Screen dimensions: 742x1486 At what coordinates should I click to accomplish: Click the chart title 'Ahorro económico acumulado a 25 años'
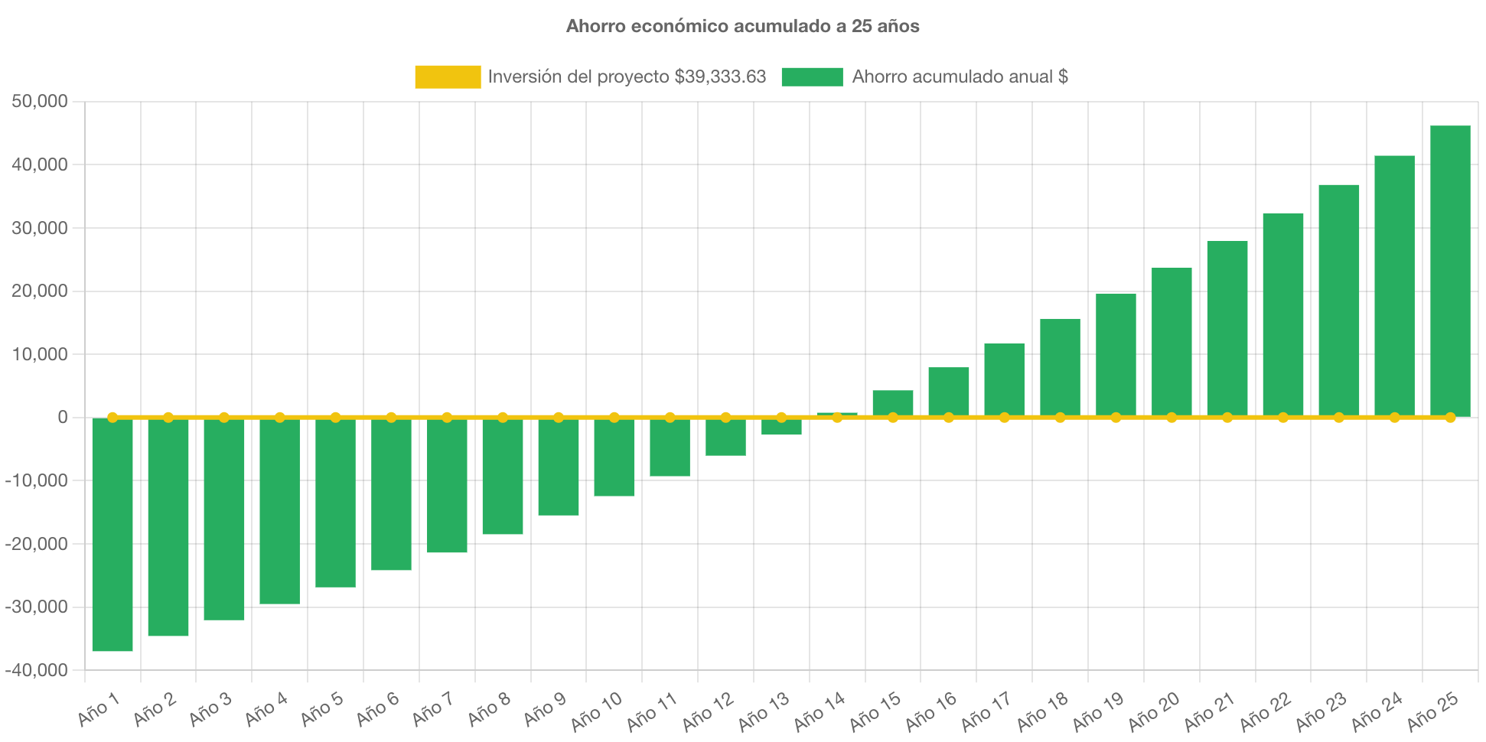coord(742,26)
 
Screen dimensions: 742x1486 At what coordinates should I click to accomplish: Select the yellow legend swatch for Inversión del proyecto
coord(448,76)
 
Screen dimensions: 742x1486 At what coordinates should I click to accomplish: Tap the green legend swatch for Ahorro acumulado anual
coord(812,76)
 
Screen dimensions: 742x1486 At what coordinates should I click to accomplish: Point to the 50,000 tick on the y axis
coord(40,102)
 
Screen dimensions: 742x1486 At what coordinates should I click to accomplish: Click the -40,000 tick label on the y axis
coord(36,670)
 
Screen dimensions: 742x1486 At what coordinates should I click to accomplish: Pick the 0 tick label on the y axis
coord(62,418)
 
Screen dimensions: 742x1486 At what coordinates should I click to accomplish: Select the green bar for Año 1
coord(112,535)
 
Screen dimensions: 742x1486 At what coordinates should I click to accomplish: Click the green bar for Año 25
coord(1450,268)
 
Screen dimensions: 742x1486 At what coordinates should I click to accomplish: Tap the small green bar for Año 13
coord(781,428)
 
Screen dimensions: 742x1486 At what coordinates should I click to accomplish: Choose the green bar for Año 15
coord(893,402)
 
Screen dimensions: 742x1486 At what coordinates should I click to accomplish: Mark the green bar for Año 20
coord(1172,340)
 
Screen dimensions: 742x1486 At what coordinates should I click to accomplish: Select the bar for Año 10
coord(614,459)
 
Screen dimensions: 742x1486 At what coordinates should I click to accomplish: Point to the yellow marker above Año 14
coord(837,418)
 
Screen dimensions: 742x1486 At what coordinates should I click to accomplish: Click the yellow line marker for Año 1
coord(112,418)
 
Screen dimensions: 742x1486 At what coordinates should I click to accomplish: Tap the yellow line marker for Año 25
coord(1450,418)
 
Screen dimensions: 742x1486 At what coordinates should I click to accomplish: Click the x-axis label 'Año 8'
coord(489,709)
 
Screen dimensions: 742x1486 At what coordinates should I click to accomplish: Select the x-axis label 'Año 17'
coord(986,711)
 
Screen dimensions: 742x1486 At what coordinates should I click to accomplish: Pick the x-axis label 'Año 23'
coord(1321,711)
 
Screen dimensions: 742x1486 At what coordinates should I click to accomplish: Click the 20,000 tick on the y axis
coord(40,291)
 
